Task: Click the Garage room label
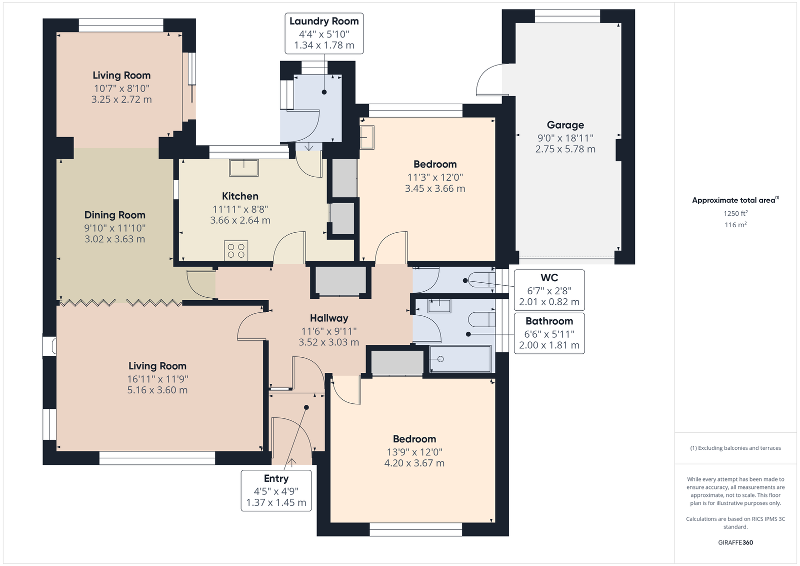coord(565,125)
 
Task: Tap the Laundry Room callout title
coord(324,21)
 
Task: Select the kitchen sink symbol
coord(244,168)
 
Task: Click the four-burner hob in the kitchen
coord(236,250)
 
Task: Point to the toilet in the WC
coord(482,280)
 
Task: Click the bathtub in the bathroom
coord(460,359)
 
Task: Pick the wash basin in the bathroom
coord(439,306)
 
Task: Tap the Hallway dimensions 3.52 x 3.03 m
coord(328,342)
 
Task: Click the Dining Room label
coord(114,215)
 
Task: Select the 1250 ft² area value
coord(735,214)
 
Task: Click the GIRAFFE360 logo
coord(735,542)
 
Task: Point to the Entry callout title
coord(276,478)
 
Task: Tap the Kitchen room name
coord(240,196)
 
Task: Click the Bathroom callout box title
coord(549,321)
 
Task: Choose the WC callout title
coord(549,277)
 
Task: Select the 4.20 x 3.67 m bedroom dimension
coord(414,463)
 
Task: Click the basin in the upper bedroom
coord(367,137)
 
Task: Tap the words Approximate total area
coord(733,200)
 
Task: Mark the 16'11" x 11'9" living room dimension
coord(157,379)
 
